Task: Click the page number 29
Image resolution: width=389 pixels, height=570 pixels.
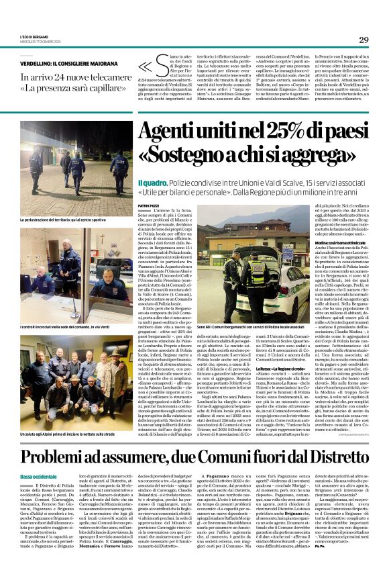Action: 364,40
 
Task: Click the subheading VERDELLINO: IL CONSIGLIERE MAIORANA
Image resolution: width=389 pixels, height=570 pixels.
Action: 66,62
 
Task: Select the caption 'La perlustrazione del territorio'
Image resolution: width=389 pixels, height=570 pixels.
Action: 69,220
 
